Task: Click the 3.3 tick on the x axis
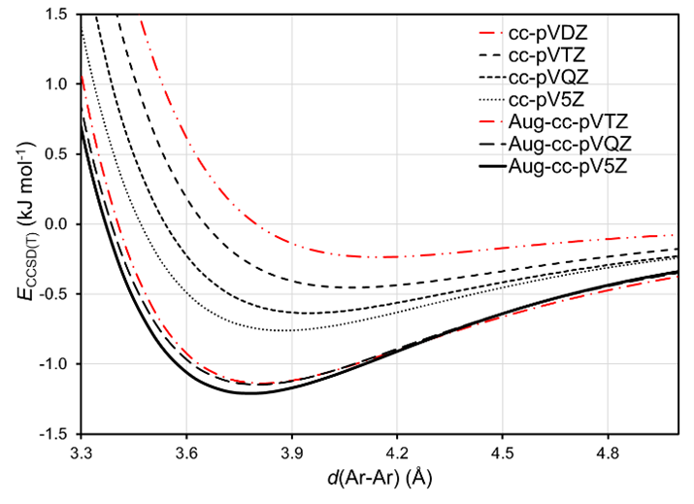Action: click(83, 452)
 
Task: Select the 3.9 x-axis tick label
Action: click(293, 452)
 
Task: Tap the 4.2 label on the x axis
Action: click(398, 452)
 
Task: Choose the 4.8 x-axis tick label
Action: click(609, 452)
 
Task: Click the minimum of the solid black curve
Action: click(249, 392)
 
